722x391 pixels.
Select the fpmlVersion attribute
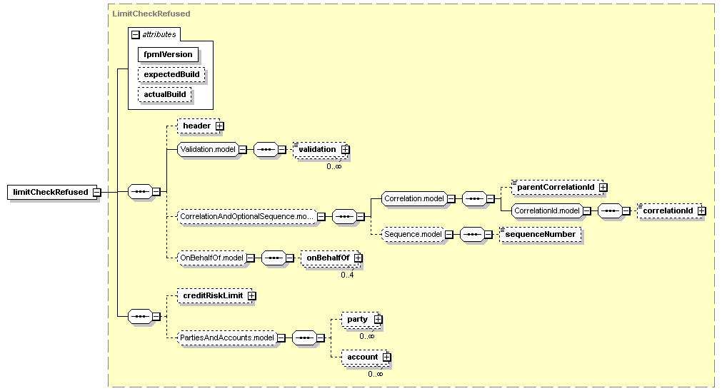[x=168, y=54]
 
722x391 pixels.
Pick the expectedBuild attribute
[x=171, y=74]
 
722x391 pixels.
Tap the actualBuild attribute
[x=164, y=95]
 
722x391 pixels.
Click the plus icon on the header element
[x=220, y=126]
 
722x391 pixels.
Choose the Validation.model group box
[x=208, y=150]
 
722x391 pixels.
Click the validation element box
[x=320, y=150]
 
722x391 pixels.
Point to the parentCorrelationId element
[x=557, y=187]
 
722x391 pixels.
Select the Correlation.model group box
[x=414, y=199]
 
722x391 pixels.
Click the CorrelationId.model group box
[x=547, y=210]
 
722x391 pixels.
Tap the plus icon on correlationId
[x=702, y=210]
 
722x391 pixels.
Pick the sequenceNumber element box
[x=540, y=235]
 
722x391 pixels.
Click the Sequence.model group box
[x=413, y=235]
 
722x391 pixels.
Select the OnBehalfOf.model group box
[x=212, y=258]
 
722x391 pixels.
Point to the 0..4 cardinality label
[x=347, y=275]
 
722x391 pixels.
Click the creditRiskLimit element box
[x=214, y=296]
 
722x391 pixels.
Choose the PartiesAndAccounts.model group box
[x=227, y=337]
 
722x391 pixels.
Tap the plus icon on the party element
[x=378, y=319]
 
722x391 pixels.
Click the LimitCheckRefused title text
[x=151, y=14]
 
